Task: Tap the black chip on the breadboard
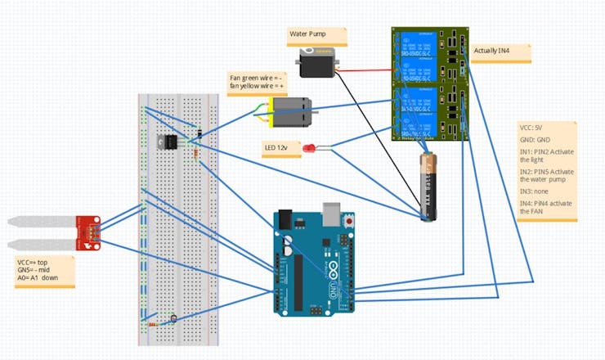click(x=170, y=142)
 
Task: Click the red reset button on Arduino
click(x=349, y=222)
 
